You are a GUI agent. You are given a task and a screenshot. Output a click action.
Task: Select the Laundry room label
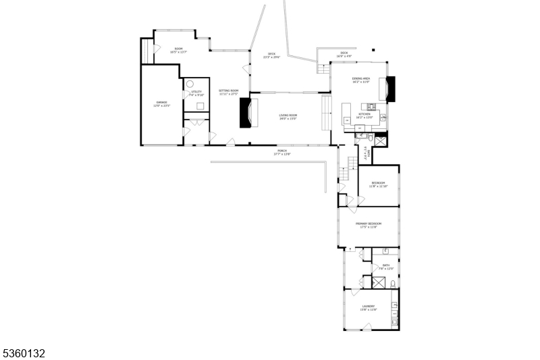click(x=369, y=307)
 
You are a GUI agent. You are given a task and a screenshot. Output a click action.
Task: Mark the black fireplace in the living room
click(x=246, y=113)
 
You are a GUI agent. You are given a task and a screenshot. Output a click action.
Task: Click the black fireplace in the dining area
click(x=391, y=87)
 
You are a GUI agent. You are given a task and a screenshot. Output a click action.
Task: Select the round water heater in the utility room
click(x=190, y=84)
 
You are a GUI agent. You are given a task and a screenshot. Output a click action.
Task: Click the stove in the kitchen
click(x=371, y=106)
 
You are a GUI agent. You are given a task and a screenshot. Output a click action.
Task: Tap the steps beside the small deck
click(x=323, y=69)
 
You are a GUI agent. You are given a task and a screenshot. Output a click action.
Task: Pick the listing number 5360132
click(x=25, y=353)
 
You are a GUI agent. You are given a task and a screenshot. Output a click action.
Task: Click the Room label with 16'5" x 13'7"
click(x=179, y=50)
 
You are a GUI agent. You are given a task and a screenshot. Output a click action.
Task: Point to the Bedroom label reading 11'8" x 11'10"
click(x=378, y=184)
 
